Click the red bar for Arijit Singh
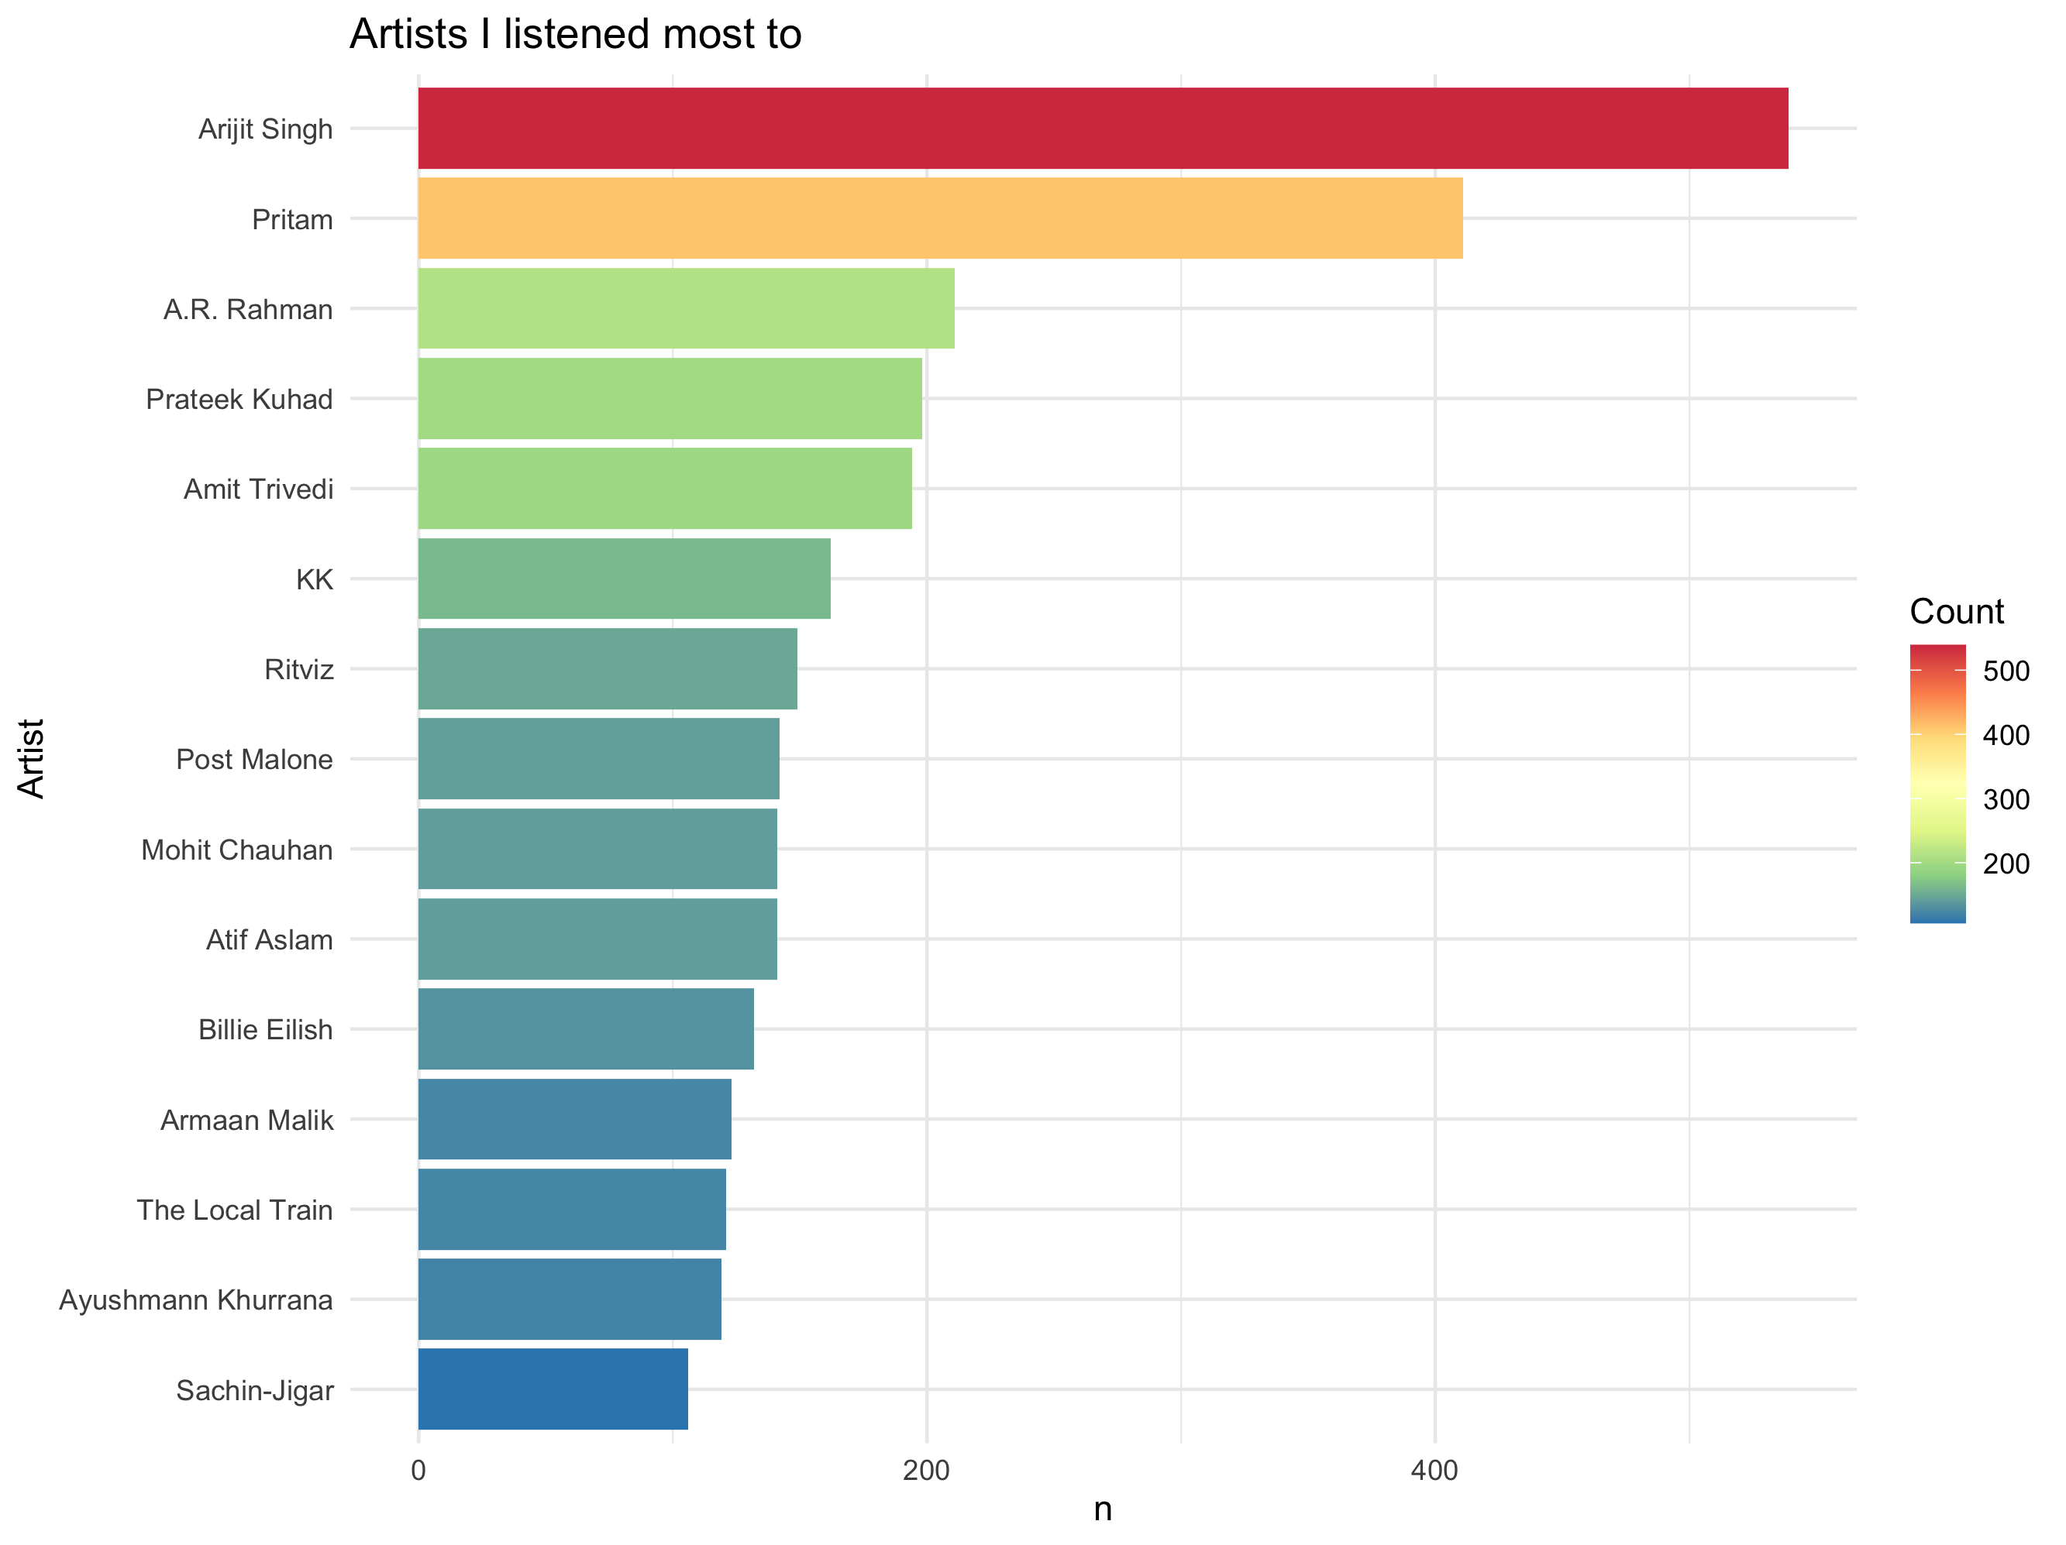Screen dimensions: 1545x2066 pyautogui.click(x=1102, y=128)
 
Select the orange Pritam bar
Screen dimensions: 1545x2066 pyautogui.click(x=939, y=218)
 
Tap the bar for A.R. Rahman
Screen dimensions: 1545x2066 pyautogui.click(x=686, y=308)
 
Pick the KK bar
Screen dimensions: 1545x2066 pyautogui.click(x=624, y=579)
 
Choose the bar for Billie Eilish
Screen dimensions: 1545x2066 pyautogui.click(x=586, y=1028)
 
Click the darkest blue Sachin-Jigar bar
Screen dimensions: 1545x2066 pyautogui.click(x=553, y=1389)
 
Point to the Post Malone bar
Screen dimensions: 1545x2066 pyautogui.click(x=599, y=759)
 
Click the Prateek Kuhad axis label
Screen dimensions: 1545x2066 pyautogui.click(x=239, y=400)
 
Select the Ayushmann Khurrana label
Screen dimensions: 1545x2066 pyautogui.click(x=196, y=1300)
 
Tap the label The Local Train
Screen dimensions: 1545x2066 pyautogui.click(x=235, y=1210)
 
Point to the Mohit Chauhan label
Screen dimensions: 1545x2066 pyautogui.click(x=237, y=850)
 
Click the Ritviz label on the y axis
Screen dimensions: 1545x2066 pyautogui.click(x=299, y=669)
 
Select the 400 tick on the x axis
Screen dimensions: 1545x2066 pyautogui.click(x=1434, y=1471)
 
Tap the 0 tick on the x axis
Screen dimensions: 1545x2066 pyautogui.click(x=418, y=1471)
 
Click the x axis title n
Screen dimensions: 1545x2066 pyautogui.click(x=1102, y=1509)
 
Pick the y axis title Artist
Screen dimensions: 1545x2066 pyautogui.click(x=32, y=758)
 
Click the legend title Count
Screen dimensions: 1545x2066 pyautogui.click(x=1957, y=612)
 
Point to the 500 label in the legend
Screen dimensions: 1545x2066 pyautogui.click(x=2006, y=671)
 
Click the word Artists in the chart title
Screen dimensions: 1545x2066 pyautogui.click(x=408, y=35)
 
